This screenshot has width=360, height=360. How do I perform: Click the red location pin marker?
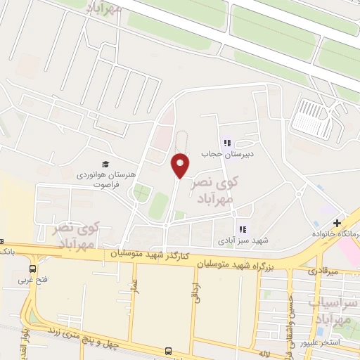(181, 165)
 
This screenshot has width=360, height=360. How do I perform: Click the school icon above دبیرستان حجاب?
(227, 143)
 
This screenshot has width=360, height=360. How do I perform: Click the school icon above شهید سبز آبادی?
(243, 229)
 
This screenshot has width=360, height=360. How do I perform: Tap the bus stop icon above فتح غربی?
(33, 268)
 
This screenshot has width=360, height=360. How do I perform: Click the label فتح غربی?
(33, 279)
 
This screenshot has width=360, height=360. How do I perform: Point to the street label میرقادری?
(323, 270)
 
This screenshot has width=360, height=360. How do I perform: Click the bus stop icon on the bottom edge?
(168, 351)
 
